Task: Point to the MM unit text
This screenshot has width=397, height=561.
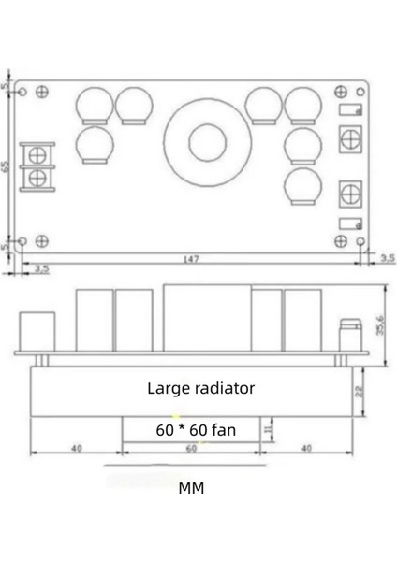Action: click(x=191, y=488)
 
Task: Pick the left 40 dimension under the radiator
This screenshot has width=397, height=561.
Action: click(x=76, y=449)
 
